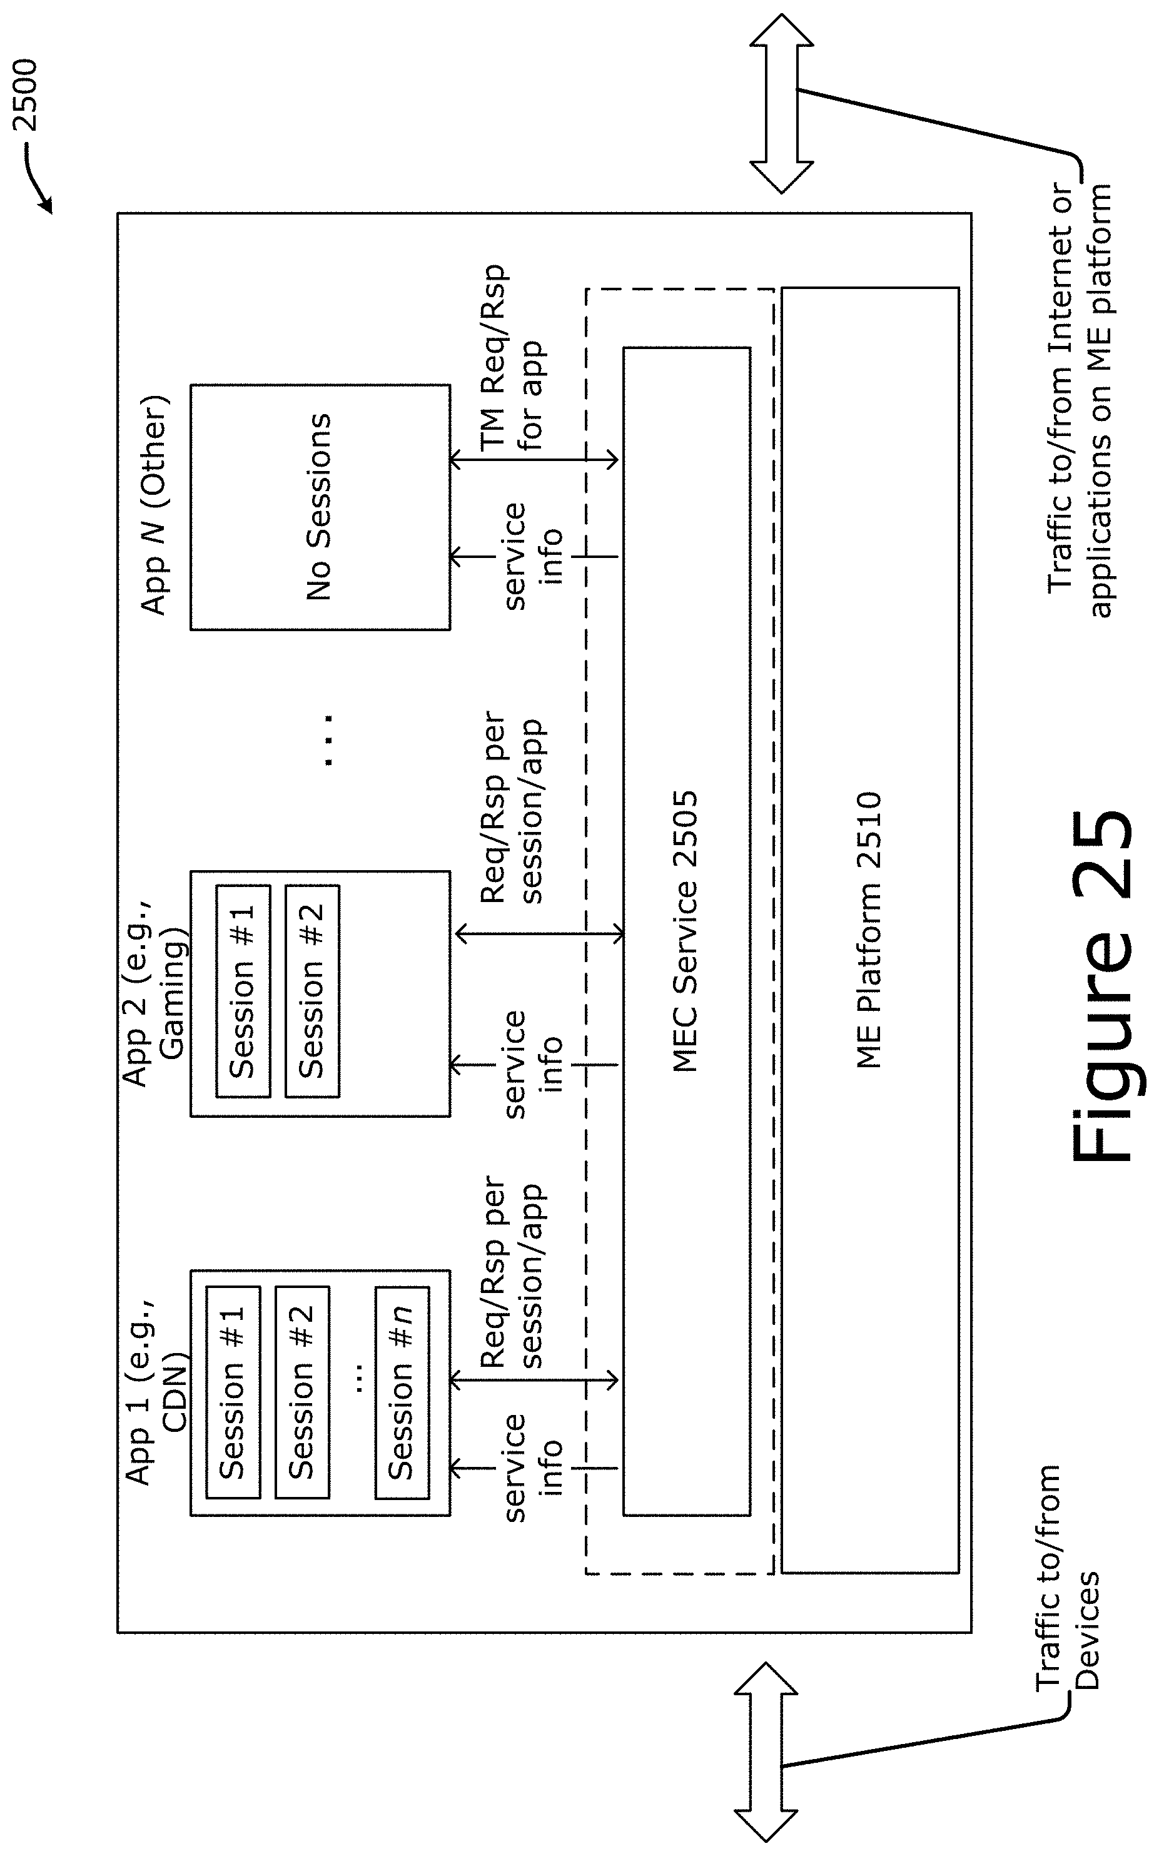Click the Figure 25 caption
pyautogui.click(x=1100, y=986)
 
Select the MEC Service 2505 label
pyautogui.click(x=684, y=931)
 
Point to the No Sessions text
pyautogui.click(x=319, y=506)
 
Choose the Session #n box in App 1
pyautogui.click(x=402, y=1392)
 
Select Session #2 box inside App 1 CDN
pyautogui.click(x=302, y=1392)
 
